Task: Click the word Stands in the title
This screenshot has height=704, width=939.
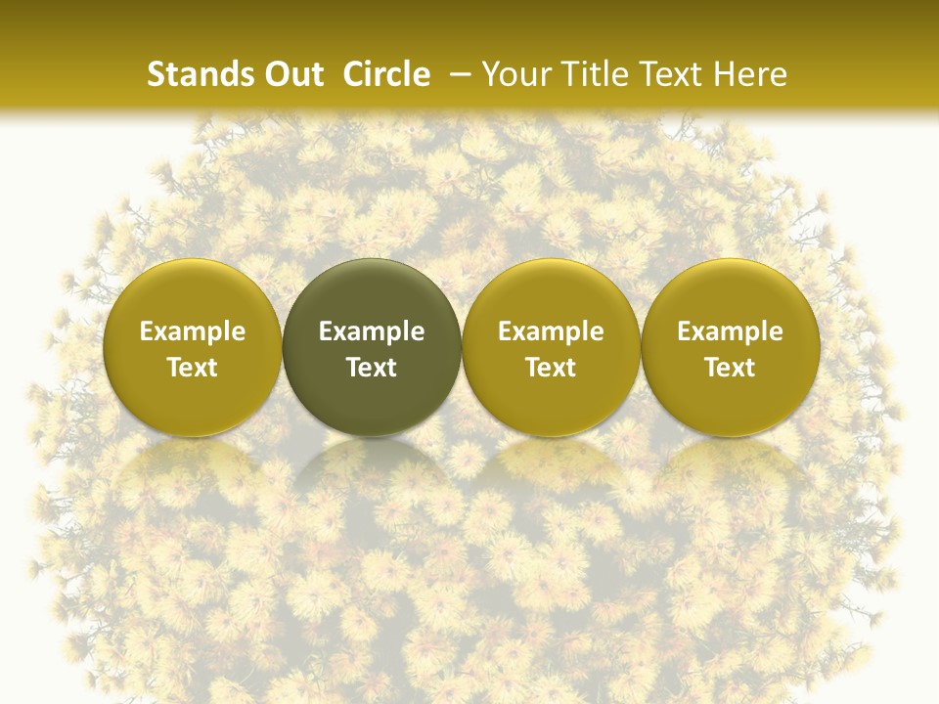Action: coord(196,74)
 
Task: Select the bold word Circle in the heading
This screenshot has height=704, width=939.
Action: coord(386,74)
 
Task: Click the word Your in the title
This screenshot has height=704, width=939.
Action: coord(514,74)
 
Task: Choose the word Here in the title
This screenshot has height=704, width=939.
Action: coord(750,74)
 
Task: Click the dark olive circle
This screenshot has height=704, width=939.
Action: coord(372,347)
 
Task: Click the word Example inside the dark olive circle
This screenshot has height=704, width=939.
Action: coord(372,331)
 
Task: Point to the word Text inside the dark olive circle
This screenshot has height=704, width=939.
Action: coord(372,368)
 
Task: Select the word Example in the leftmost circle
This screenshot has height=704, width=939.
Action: coord(193,331)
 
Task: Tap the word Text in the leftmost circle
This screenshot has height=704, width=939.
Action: coord(193,368)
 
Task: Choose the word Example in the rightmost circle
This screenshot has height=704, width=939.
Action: coord(730,331)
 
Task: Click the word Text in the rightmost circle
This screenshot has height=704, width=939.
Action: coord(730,368)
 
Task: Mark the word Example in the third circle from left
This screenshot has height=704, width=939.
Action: coord(551,331)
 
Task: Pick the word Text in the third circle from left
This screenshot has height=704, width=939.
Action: coord(551,368)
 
